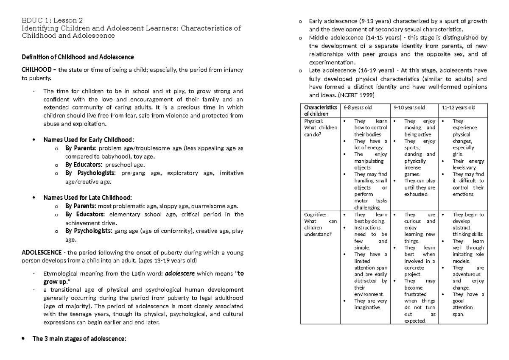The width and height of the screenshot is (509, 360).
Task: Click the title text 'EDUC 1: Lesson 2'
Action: click(x=52, y=20)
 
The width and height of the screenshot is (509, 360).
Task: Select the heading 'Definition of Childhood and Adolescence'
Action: click(x=78, y=57)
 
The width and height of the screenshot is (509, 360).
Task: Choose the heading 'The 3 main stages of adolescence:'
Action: click(x=79, y=339)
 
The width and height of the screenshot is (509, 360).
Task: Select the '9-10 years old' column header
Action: click(x=409, y=108)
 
